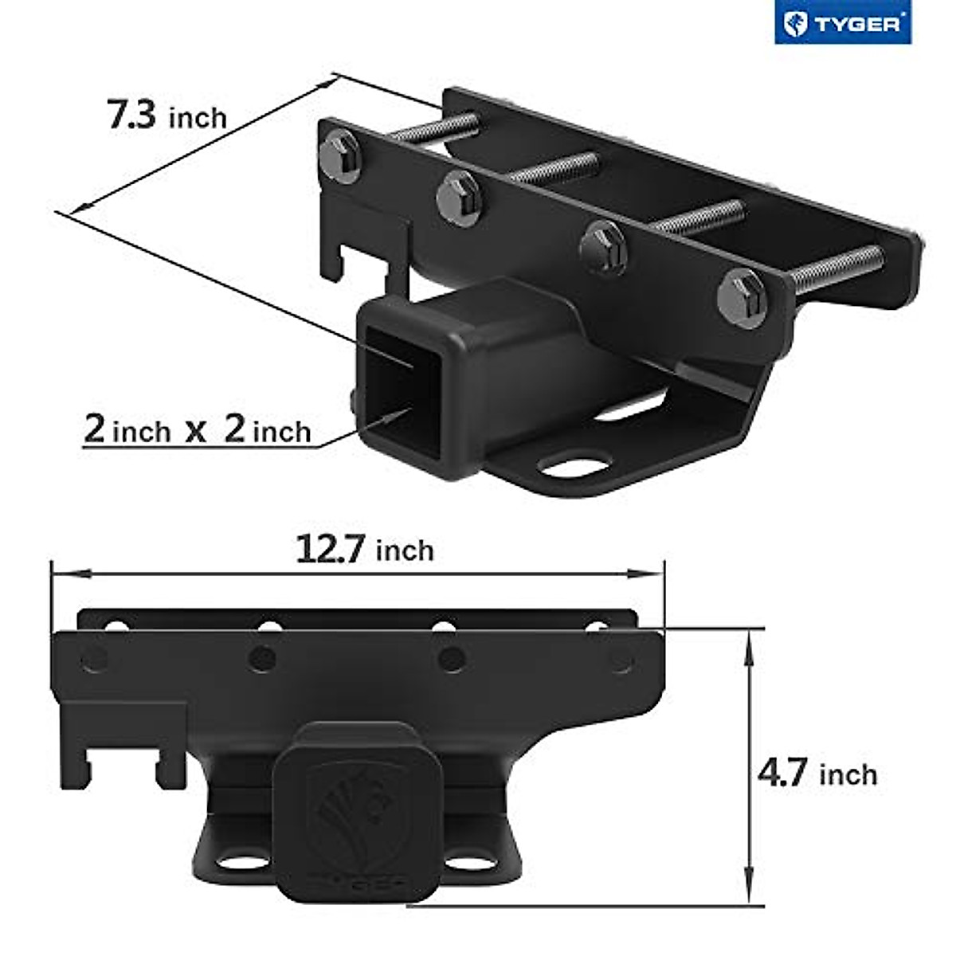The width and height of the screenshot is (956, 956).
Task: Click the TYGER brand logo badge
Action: point(842,24)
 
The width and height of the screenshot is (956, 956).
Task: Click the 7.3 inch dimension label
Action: point(167,116)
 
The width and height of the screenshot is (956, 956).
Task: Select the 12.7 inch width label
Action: point(365,550)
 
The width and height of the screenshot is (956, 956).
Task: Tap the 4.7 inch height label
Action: point(817,774)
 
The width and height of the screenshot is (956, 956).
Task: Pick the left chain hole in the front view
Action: point(235,863)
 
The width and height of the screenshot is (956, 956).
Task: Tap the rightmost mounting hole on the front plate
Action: point(621,659)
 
